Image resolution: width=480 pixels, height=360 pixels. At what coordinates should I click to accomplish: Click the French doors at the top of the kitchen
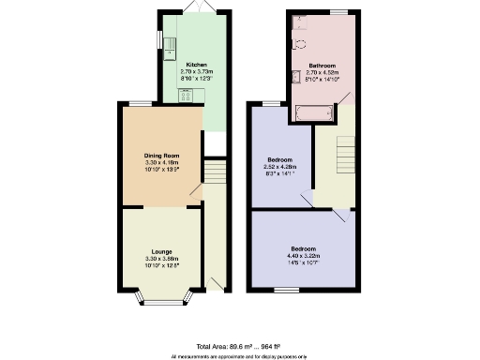[x=195, y=8]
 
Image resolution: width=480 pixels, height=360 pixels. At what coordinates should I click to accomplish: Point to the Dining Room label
[x=160, y=156]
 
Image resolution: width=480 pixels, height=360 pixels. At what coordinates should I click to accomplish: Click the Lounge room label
[x=160, y=250]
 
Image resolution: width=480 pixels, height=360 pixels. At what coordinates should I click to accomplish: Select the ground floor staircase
[x=215, y=172]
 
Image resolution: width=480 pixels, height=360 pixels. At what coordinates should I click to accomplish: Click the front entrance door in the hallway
[x=217, y=280]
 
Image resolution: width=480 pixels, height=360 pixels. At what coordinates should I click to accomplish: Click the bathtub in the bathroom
[x=314, y=113]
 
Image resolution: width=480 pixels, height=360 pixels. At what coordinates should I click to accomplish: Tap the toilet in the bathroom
[x=300, y=43]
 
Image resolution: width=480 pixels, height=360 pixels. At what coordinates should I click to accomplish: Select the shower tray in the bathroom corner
[x=300, y=22]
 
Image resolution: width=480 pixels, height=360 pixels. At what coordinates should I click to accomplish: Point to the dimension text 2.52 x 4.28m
[x=279, y=166]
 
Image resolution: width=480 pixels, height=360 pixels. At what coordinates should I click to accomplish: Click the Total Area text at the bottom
[x=240, y=346]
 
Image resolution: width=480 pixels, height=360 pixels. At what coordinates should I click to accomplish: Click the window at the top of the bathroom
[x=337, y=11]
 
